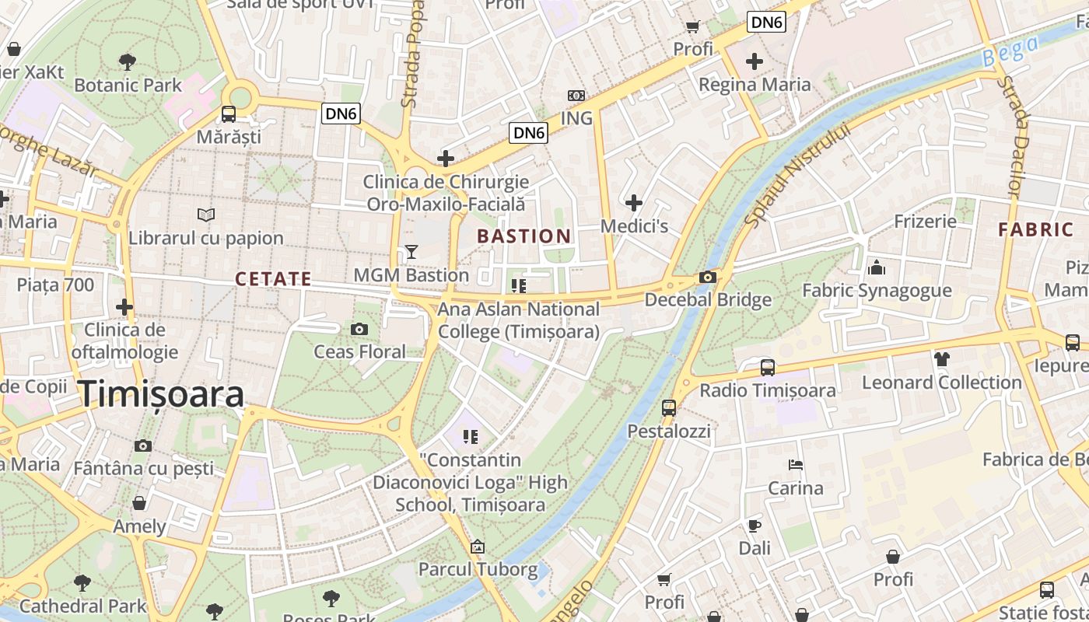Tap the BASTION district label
(524, 236)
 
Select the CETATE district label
(273, 279)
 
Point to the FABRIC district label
(1036, 230)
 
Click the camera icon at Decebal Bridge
(707, 278)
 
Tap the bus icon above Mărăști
(229, 114)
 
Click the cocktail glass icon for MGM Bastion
(411, 252)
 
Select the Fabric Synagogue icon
(877, 268)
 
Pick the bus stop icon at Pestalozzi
(669, 407)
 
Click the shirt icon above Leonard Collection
(942, 359)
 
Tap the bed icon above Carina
(796, 465)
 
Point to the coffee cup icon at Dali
(754, 526)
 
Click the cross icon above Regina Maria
(755, 61)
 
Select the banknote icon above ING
(576, 95)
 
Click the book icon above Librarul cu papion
(206, 215)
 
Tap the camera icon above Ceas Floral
(359, 329)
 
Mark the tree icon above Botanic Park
(128, 61)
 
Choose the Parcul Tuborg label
(478, 569)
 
